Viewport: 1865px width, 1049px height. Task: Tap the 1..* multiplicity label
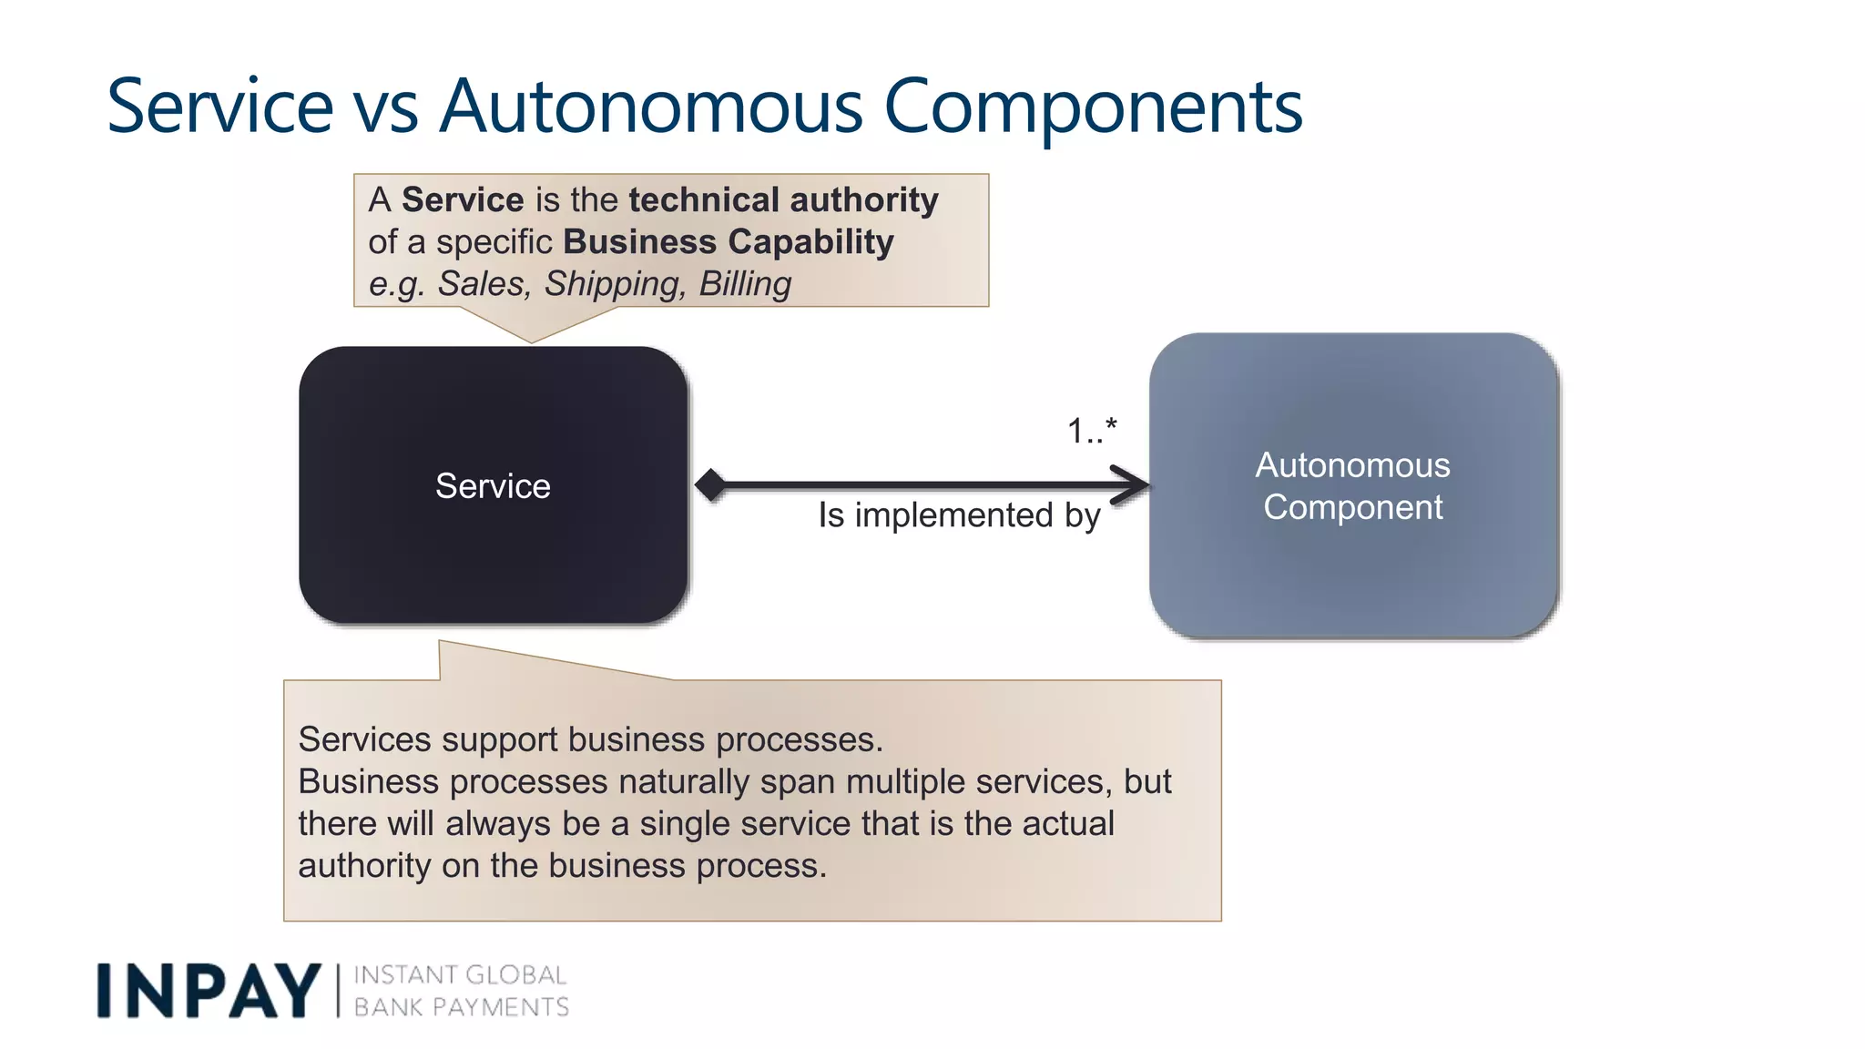click(1092, 430)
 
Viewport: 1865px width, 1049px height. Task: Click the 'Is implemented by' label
click(959, 515)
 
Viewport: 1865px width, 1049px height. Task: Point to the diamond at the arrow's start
click(710, 484)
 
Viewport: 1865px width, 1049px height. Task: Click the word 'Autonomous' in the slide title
click(650, 107)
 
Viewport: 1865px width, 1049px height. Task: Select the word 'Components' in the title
click(1093, 107)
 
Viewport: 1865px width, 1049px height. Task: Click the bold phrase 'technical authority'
click(783, 199)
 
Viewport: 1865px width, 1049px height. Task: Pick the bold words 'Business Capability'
click(728, 241)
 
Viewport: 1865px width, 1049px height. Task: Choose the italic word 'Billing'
click(745, 284)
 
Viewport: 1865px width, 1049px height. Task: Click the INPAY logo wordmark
click(209, 991)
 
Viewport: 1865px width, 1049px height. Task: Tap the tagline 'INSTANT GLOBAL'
click(460, 975)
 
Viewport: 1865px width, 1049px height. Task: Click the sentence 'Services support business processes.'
click(590, 739)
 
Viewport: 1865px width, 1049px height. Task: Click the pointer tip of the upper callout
click(532, 340)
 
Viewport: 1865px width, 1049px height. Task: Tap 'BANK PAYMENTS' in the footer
click(461, 1007)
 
